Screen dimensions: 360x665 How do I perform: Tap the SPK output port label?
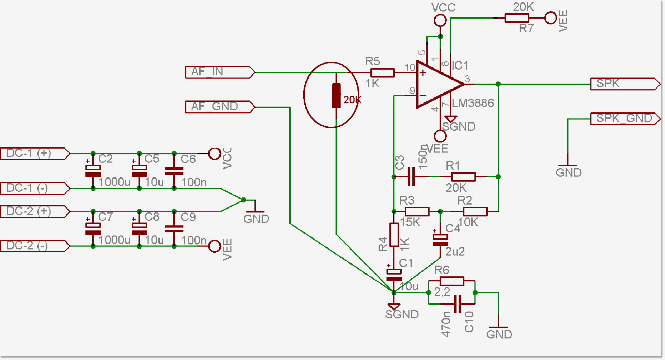(x=625, y=84)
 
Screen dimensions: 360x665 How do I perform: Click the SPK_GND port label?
(x=625, y=119)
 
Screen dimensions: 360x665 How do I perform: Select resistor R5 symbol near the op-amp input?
(x=383, y=73)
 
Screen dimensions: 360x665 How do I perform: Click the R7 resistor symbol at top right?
(x=516, y=18)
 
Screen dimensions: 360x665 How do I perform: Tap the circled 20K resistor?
(x=336, y=95)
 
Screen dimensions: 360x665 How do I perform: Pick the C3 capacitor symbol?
(x=411, y=177)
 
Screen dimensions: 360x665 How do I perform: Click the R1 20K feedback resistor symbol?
(x=463, y=177)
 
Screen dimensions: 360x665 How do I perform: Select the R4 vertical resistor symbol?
(x=394, y=235)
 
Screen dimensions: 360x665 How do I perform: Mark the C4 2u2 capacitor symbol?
(x=440, y=240)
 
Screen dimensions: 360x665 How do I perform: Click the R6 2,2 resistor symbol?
(x=452, y=281)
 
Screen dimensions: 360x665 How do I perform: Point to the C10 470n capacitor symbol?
(x=457, y=304)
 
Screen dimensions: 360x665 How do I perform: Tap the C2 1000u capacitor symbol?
(x=93, y=171)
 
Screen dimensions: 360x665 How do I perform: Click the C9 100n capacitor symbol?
(x=174, y=229)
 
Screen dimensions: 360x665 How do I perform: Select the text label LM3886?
(x=473, y=103)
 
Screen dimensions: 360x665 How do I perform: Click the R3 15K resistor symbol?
(x=417, y=211)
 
